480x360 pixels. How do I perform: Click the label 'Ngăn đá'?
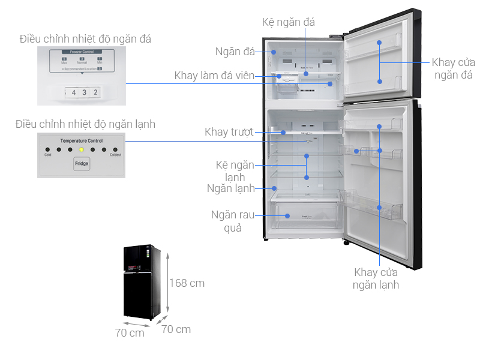(x=235, y=52)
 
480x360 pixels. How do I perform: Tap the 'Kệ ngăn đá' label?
(x=289, y=22)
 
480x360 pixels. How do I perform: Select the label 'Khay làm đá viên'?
(x=214, y=76)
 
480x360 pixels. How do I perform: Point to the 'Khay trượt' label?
(x=229, y=131)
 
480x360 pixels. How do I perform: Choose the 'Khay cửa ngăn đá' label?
(x=453, y=68)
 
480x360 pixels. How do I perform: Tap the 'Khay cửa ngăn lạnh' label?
(x=376, y=278)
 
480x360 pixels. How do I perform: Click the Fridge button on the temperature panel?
(x=82, y=164)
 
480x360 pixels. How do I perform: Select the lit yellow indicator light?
(x=81, y=149)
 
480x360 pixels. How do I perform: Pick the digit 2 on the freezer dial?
(x=95, y=92)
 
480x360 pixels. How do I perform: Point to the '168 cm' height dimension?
(x=187, y=283)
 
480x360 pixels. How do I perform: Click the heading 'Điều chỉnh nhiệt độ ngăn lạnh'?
(x=85, y=124)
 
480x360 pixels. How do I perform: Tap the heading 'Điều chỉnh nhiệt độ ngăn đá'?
(x=85, y=39)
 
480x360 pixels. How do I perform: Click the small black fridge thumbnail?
(x=142, y=282)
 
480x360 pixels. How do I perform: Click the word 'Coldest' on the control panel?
(x=115, y=155)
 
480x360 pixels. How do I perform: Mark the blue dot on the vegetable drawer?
(x=287, y=215)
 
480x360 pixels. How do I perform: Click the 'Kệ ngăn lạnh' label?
(x=236, y=170)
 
